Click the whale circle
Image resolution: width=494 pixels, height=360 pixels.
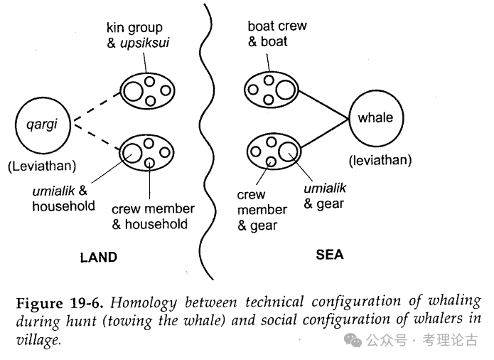[x=375, y=118]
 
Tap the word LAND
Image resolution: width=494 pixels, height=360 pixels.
[x=98, y=257]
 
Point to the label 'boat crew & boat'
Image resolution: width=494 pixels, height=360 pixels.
[x=277, y=33]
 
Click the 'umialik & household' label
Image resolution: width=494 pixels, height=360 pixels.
[x=64, y=198]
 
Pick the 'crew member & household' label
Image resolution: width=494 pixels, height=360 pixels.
[x=153, y=216]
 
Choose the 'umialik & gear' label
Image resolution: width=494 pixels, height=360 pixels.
[x=326, y=196]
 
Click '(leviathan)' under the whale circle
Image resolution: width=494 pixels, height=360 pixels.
[x=380, y=160]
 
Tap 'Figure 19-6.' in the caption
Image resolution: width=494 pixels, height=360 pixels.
[x=63, y=302]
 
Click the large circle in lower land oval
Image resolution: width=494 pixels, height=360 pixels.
[x=132, y=152]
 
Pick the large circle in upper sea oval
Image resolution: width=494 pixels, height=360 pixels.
[x=286, y=90]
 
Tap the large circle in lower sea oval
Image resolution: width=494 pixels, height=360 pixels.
[x=287, y=151]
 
